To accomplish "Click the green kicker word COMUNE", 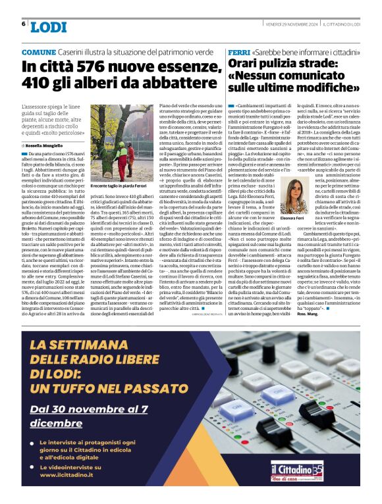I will pyautogui.click(x=39, y=51).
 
